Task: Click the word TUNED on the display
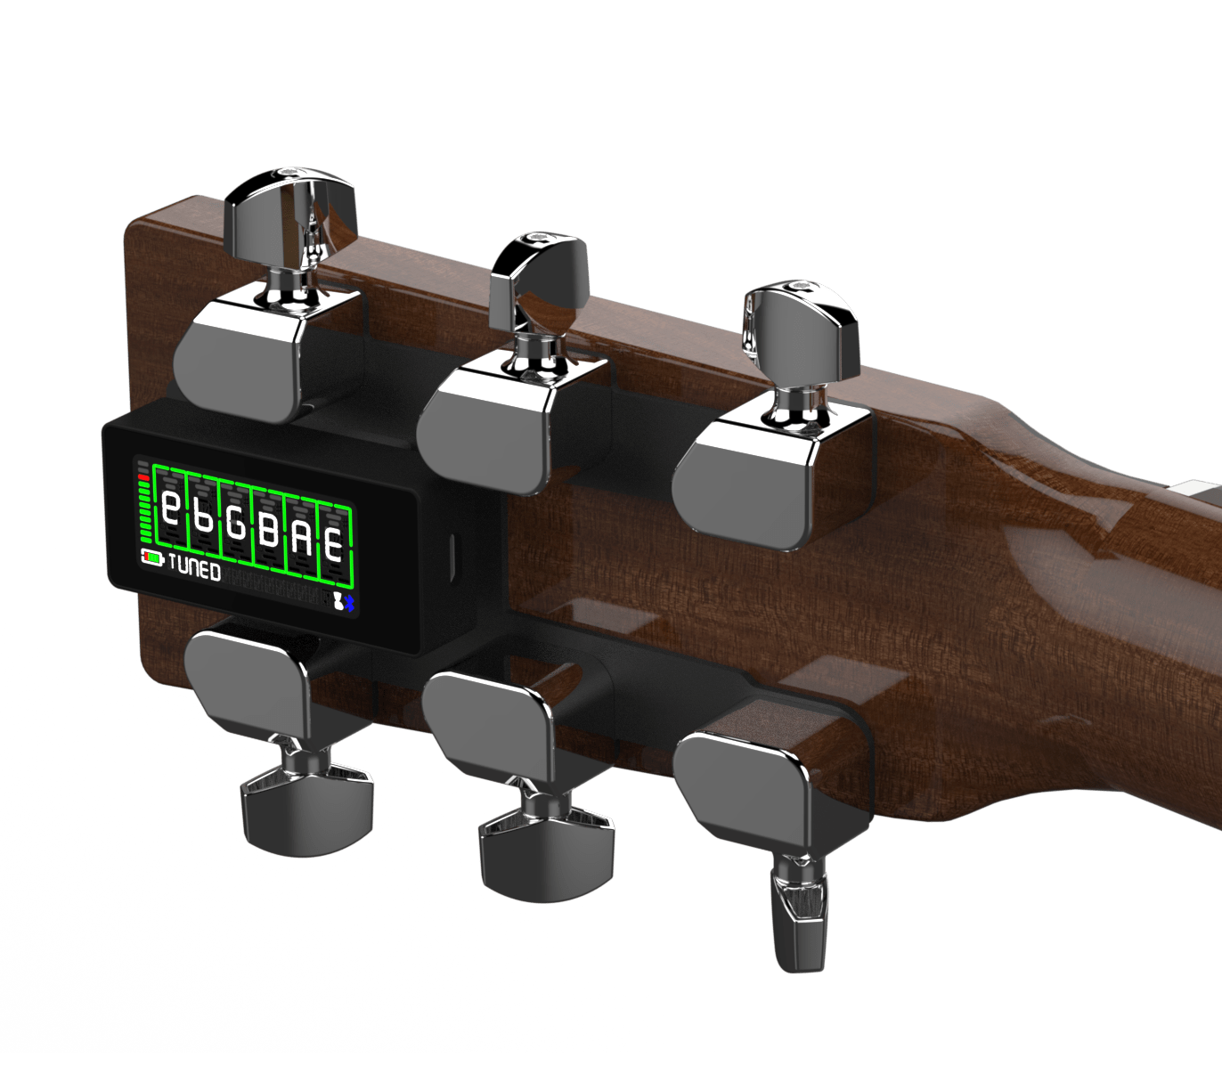pyautogui.click(x=194, y=567)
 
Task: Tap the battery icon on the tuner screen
pyautogui.click(x=152, y=557)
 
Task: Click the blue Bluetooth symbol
pyautogui.click(x=348, y=601)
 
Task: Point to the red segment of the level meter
pyautogui.click(x=143, y=477)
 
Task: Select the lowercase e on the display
pyautogui.click(x=171, y=508)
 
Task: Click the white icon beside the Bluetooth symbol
pyautogui.click(x=338, y=601)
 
